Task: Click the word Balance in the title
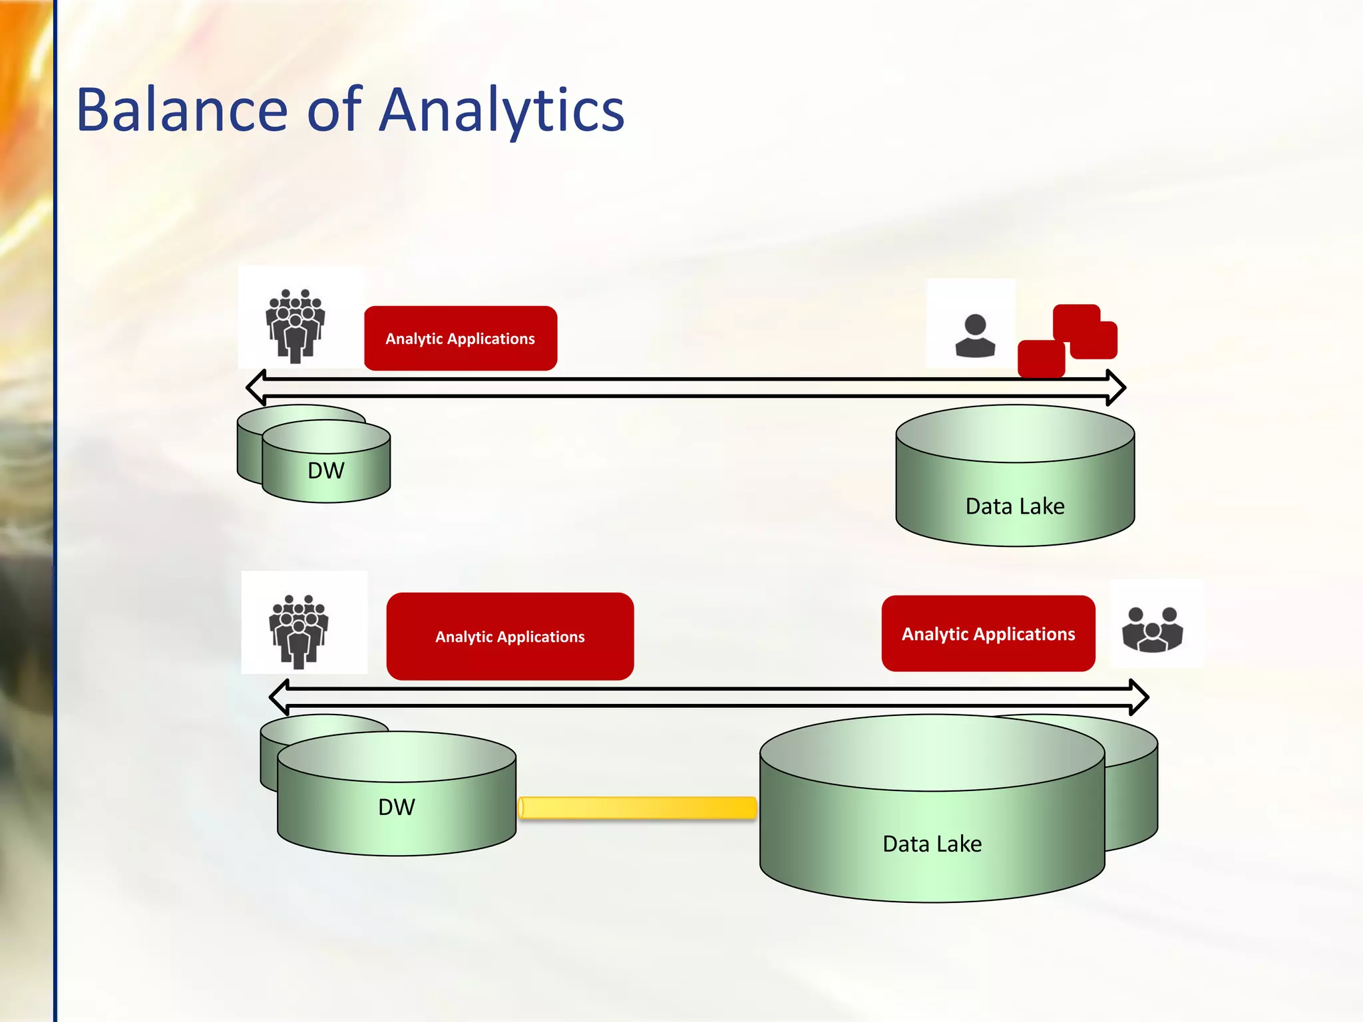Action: point(182,110)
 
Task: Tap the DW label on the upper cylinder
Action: point(326,470)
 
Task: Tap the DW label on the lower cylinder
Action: point(397,807)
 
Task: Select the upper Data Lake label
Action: point(1015,506)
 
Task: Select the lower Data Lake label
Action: point(932,844)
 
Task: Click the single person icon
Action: point(975,336)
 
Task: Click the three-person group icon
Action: point(1152,629)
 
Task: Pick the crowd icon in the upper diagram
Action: point(295,325)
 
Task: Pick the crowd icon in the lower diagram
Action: point(298,631)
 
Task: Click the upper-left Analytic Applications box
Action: point(461,339)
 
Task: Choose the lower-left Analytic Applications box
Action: point(510,636)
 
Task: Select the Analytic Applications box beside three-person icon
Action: point(988,633)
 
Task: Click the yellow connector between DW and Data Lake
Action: point(637,808)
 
